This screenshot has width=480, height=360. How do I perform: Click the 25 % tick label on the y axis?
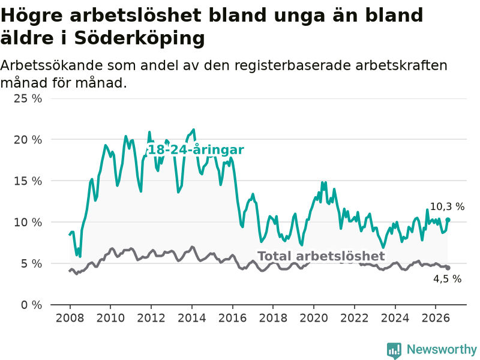point(28,98)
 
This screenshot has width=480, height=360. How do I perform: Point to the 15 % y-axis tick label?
point(28,181)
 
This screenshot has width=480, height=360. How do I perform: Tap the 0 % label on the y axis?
point(32,305)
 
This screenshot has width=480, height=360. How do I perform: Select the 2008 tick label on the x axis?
point(70,318)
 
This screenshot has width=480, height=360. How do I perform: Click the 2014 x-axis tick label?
point(192,318)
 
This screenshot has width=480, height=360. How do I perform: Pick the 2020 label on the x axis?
point(314,318)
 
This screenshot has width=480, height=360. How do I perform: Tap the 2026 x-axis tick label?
point(436,318)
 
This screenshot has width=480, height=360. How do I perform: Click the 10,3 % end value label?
point(447,207)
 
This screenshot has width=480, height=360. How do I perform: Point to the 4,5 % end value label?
point(447,279)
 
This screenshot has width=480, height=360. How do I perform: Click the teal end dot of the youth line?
point(448,220)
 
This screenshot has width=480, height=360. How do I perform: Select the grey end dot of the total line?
point(448,268)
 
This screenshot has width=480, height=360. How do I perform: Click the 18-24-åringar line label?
point(196,149)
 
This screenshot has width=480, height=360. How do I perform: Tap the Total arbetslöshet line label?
point(321,256)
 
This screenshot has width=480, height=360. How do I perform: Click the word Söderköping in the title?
point(139,38)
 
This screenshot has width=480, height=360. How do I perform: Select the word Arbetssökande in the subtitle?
point(52,65)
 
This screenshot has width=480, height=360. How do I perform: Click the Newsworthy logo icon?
point(394,350)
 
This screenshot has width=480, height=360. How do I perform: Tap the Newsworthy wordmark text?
point(442,349)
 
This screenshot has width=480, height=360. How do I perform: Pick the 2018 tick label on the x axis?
point(273,318)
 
